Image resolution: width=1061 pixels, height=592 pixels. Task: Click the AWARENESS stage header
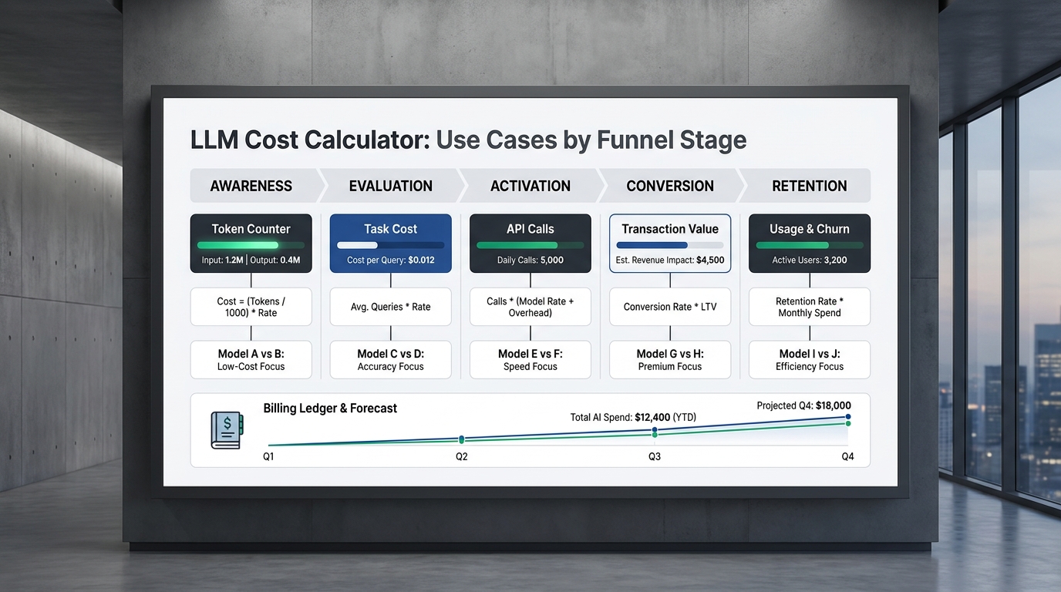click(251, 186)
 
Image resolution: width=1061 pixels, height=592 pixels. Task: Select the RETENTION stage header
click(810, 186)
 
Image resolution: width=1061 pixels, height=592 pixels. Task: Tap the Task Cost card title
click(390, 229)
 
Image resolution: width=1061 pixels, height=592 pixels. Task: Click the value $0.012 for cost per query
click(421, 260)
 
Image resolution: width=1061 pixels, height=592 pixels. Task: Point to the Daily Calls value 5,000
click(552, 260)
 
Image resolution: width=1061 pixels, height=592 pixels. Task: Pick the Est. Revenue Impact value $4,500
click(710, 260)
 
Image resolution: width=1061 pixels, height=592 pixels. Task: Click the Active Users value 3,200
click(835, 260)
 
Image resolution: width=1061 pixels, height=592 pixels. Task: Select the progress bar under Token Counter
click(251, 245)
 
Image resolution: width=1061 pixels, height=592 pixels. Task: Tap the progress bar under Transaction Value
click(670, 245)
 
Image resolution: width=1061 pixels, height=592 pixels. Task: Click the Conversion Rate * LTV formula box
click(670, 307)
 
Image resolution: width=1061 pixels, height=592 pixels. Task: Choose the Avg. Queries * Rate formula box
click(390, 307)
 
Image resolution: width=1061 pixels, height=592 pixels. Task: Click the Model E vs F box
click(530, 359)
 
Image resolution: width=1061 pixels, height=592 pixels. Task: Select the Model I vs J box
click(810, 359)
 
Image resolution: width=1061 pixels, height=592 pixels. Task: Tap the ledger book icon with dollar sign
click(227, 430)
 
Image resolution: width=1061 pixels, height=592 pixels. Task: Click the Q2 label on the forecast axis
click(461, 456)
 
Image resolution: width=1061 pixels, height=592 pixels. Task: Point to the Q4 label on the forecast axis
click(847, 456)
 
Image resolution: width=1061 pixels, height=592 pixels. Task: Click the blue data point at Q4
click(848, 417)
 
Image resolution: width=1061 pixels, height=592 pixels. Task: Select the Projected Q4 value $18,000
click(834, 406)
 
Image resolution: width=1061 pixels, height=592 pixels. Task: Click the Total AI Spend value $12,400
click(652, 417)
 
